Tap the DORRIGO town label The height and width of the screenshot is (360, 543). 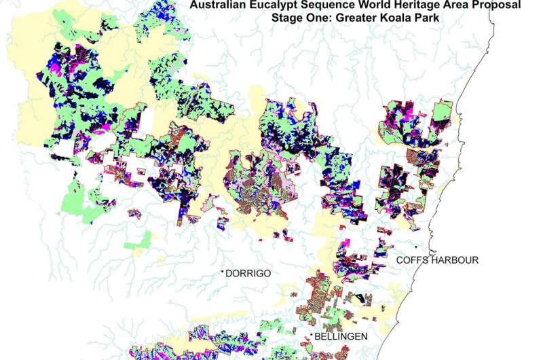pyautogui.click(x=248, y=274)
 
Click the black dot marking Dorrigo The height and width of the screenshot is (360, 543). pyautogui.click(x=222, y=272)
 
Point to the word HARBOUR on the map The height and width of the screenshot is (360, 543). pyautogui.click(x=455, y=260)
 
